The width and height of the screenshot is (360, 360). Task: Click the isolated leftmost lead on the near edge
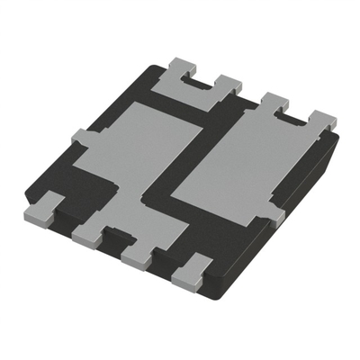point(40,209)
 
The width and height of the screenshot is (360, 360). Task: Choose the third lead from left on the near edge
point(137,255)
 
